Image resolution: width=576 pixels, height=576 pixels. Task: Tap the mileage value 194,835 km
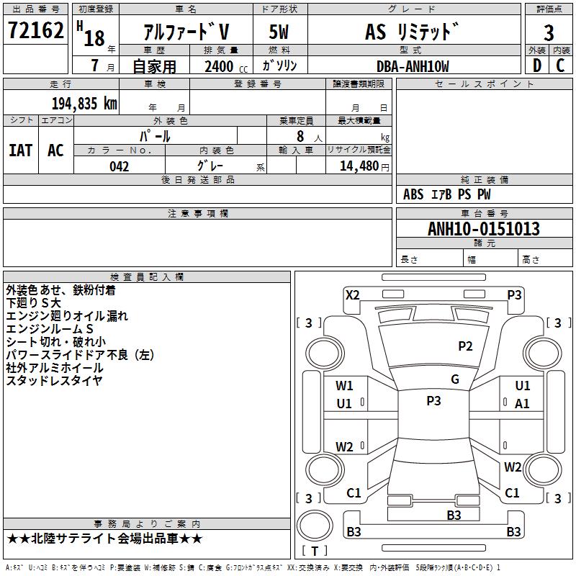click(84, 103)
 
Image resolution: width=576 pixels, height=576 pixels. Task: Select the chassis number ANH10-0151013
click(484, 229)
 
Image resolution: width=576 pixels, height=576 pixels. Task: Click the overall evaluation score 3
click(549, 32)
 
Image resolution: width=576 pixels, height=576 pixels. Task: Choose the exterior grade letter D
click(536, 66)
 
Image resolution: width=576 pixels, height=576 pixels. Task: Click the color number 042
click(120, 166)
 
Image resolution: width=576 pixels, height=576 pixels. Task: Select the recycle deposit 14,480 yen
click(359, 166)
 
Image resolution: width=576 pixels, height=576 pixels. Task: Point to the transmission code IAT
click(20, 150)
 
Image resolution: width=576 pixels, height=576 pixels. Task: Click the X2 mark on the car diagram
click(352, 294)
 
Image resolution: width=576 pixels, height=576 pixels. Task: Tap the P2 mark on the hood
click(465, 346)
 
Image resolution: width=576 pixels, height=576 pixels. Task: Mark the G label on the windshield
click(454, 379)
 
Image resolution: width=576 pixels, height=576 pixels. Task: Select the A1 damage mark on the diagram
click(522, 404)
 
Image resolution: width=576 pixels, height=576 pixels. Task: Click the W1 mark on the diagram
click(344, 386)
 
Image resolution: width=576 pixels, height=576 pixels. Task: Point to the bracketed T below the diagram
click(314, 551)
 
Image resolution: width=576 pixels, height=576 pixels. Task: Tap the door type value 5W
click(279, 32)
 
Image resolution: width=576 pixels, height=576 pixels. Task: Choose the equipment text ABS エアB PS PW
click(446, 194)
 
